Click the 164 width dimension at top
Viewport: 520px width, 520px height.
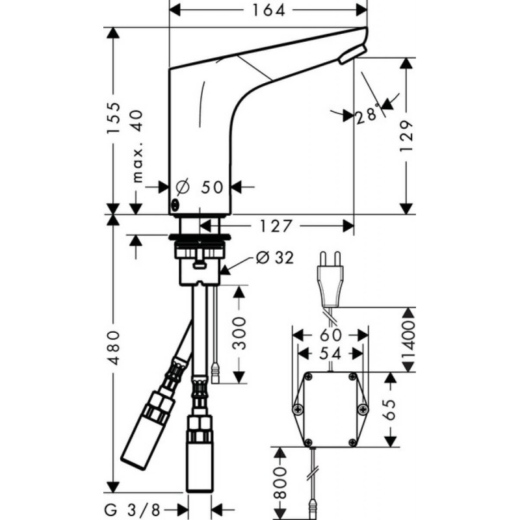tap(267, 10)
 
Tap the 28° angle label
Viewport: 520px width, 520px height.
tap(367, 116)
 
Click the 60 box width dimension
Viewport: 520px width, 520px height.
tap(330, 335)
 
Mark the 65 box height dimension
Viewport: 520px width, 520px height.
tap(391, 410)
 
